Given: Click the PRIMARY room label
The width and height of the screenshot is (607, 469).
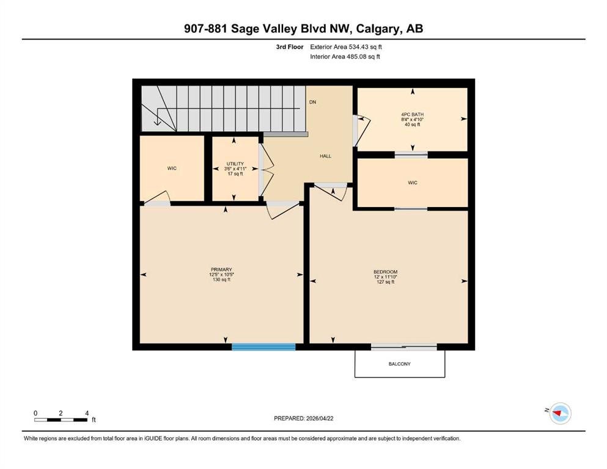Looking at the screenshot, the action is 221,269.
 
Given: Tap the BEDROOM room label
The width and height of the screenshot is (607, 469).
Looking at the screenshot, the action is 386,272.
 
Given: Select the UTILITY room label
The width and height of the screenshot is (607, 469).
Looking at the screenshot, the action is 235,164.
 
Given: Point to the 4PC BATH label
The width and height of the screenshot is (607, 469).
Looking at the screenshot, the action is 412,114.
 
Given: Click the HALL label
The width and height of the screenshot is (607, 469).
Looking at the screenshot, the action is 326,156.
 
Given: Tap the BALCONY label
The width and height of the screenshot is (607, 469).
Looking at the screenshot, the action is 400,364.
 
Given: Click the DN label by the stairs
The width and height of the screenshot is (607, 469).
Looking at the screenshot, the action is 312,102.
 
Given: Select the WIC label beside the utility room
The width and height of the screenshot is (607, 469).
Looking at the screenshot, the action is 172,168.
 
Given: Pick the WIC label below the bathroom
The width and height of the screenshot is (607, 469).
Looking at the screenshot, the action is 413,183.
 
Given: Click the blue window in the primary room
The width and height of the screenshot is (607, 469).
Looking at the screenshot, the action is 263,347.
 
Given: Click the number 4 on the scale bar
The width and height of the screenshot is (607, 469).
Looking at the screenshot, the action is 87,413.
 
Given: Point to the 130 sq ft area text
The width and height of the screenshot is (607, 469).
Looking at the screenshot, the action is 221,280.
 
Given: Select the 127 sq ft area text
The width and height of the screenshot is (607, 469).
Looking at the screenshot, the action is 386,282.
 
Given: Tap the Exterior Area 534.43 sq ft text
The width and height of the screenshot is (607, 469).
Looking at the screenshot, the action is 346,47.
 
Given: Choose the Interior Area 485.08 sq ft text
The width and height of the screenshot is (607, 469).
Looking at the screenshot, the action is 345,56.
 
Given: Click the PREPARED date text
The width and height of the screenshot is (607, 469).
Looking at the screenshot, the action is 303,418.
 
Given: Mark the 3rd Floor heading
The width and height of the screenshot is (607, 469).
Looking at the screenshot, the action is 290,47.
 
